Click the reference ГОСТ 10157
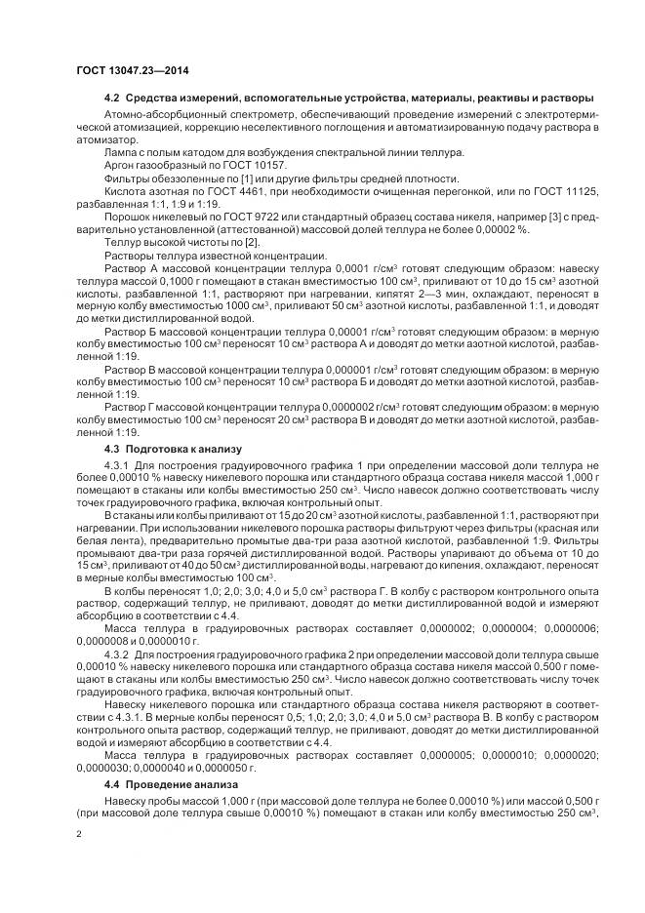[216, 167]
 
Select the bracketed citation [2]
[251, 241]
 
